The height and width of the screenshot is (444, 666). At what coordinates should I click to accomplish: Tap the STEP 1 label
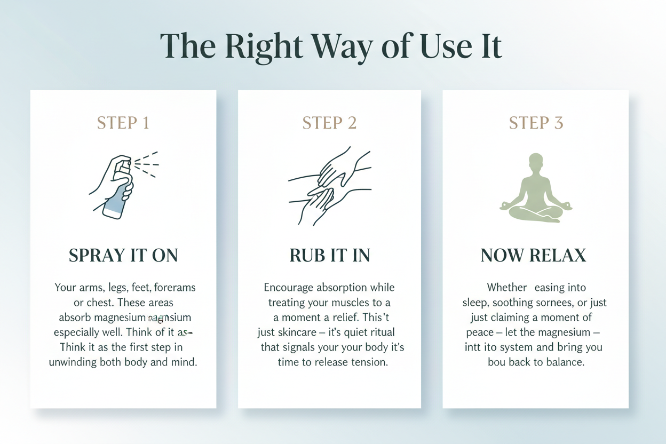[x=123, y=123]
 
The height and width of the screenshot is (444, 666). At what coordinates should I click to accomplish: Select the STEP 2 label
[x=329, y=123]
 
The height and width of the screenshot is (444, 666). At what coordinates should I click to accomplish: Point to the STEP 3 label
[x=536, y=123]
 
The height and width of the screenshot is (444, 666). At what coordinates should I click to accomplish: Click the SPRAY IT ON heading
[x=123, y=256]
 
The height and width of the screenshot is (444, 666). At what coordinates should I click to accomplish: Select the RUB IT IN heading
[x=329, y=256]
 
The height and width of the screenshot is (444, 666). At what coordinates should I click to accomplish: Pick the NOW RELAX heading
[x=534, y=256]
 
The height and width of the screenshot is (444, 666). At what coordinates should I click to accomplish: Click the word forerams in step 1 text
[x=175, y=288]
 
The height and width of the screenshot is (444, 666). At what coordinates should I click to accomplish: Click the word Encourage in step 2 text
[x=288, y=288]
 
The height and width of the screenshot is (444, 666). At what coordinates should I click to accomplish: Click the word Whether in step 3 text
[x=507, y=288]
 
